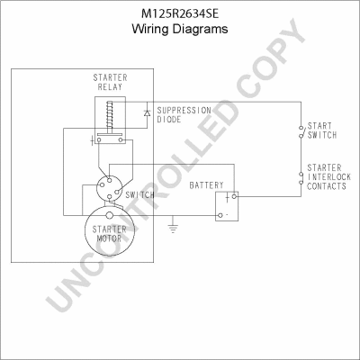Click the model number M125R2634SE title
click(x=180, y=13)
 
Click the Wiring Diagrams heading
click(x=180, y=29)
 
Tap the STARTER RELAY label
click(x=110, y=83)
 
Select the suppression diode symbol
click(x=147, y=113)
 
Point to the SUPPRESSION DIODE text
click(x=184, y=115)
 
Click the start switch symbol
click(x=301, y=131)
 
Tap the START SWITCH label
click(x=322, y=130)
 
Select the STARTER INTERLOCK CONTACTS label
click(x=328, y=177)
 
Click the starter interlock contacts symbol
click(x=301, y=178)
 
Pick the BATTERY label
click(x=206, y=185)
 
